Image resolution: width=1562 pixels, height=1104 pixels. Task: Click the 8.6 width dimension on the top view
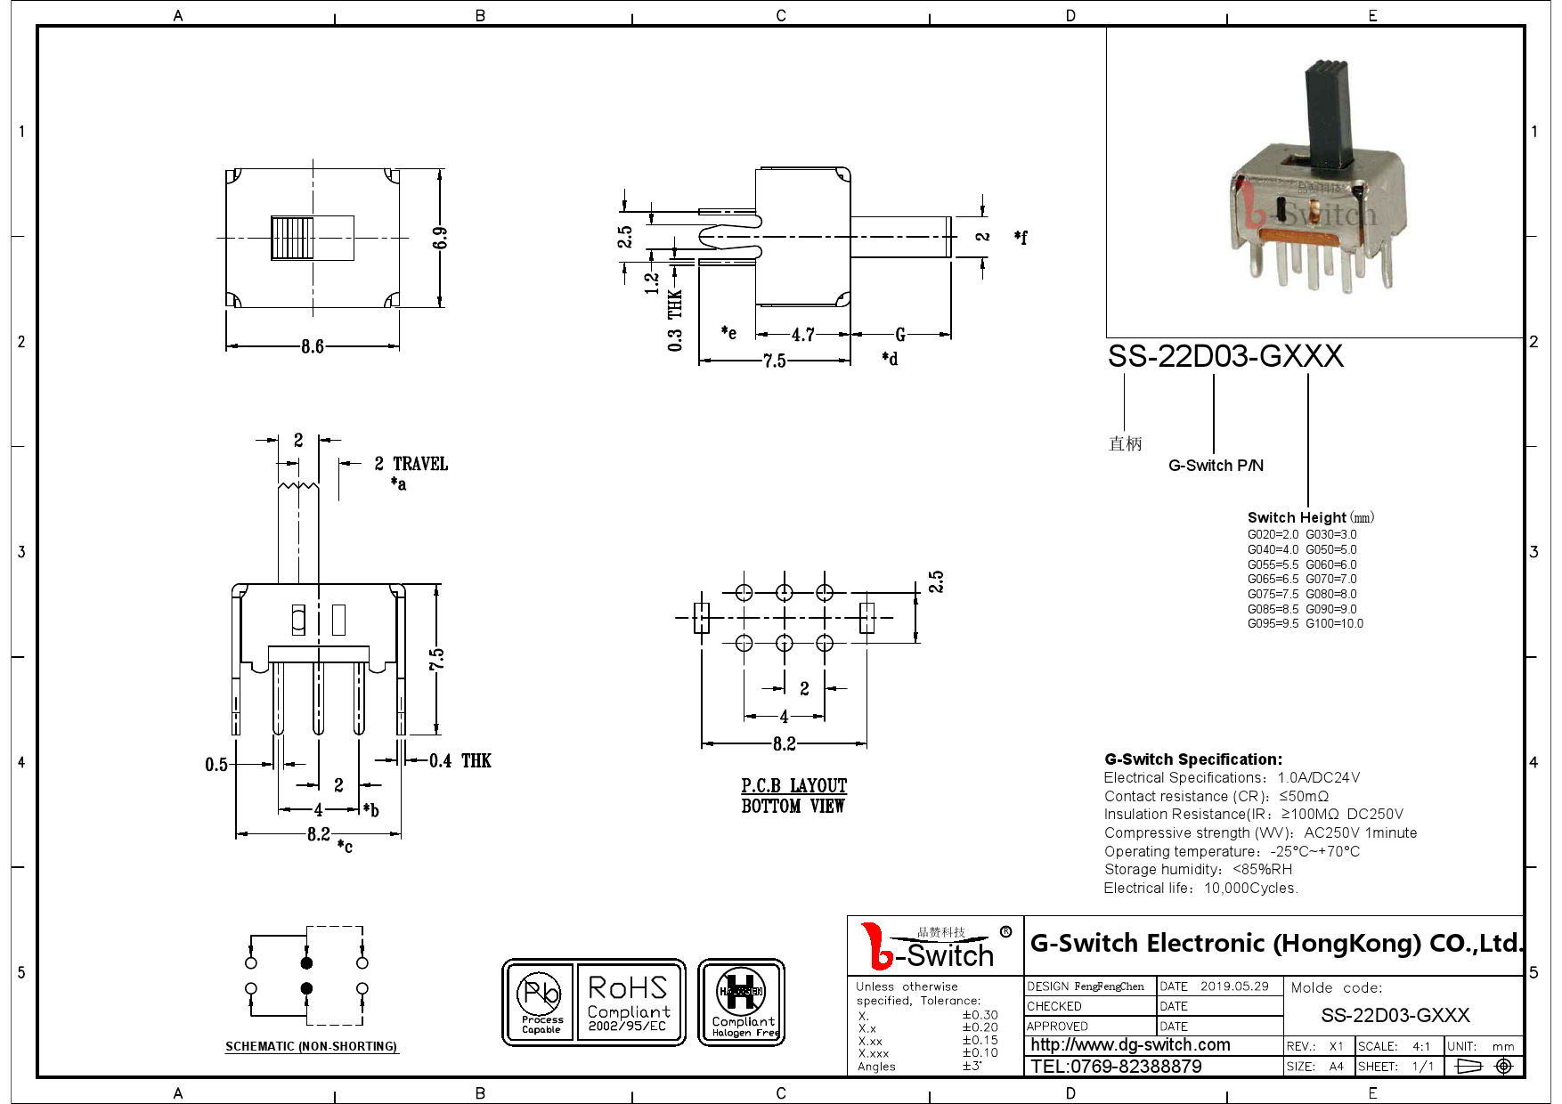click(312, 346)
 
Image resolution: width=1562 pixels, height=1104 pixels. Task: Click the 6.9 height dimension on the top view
click(440, 238)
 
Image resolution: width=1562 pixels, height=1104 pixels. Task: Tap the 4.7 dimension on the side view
click(803, 335)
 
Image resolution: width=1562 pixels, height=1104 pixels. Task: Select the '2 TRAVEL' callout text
click(411, 464)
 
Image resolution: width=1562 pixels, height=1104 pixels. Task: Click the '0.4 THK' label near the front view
click(460, 760)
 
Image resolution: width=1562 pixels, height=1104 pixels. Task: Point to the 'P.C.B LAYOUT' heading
click(793, 785)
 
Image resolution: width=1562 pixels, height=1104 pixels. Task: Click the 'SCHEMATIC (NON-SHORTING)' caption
click(311, 1046)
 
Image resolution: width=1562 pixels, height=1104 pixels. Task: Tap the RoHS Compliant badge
click(628, 1003)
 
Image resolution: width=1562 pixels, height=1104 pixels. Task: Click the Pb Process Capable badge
click(541, 1003)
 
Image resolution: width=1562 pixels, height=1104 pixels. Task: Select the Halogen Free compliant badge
click(742, 1003)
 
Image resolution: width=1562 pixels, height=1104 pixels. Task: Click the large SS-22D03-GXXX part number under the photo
click(1224, 356)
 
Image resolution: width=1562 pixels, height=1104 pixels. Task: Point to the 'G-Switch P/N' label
click(1216, 466)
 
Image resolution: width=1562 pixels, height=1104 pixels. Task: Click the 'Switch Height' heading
click(1297, 517)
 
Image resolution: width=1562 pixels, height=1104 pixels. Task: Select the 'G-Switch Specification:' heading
click(1193, 759)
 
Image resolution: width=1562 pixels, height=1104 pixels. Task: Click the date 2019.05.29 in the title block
click(1233, 986)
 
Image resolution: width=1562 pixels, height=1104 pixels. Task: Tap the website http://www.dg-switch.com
click(1130, 1045)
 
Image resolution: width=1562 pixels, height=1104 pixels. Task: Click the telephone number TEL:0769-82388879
click(1116, 1066)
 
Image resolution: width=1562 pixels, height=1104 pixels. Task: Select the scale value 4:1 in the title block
click(1421, 1046)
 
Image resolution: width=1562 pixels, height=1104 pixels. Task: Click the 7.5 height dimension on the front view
click(436, 659)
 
